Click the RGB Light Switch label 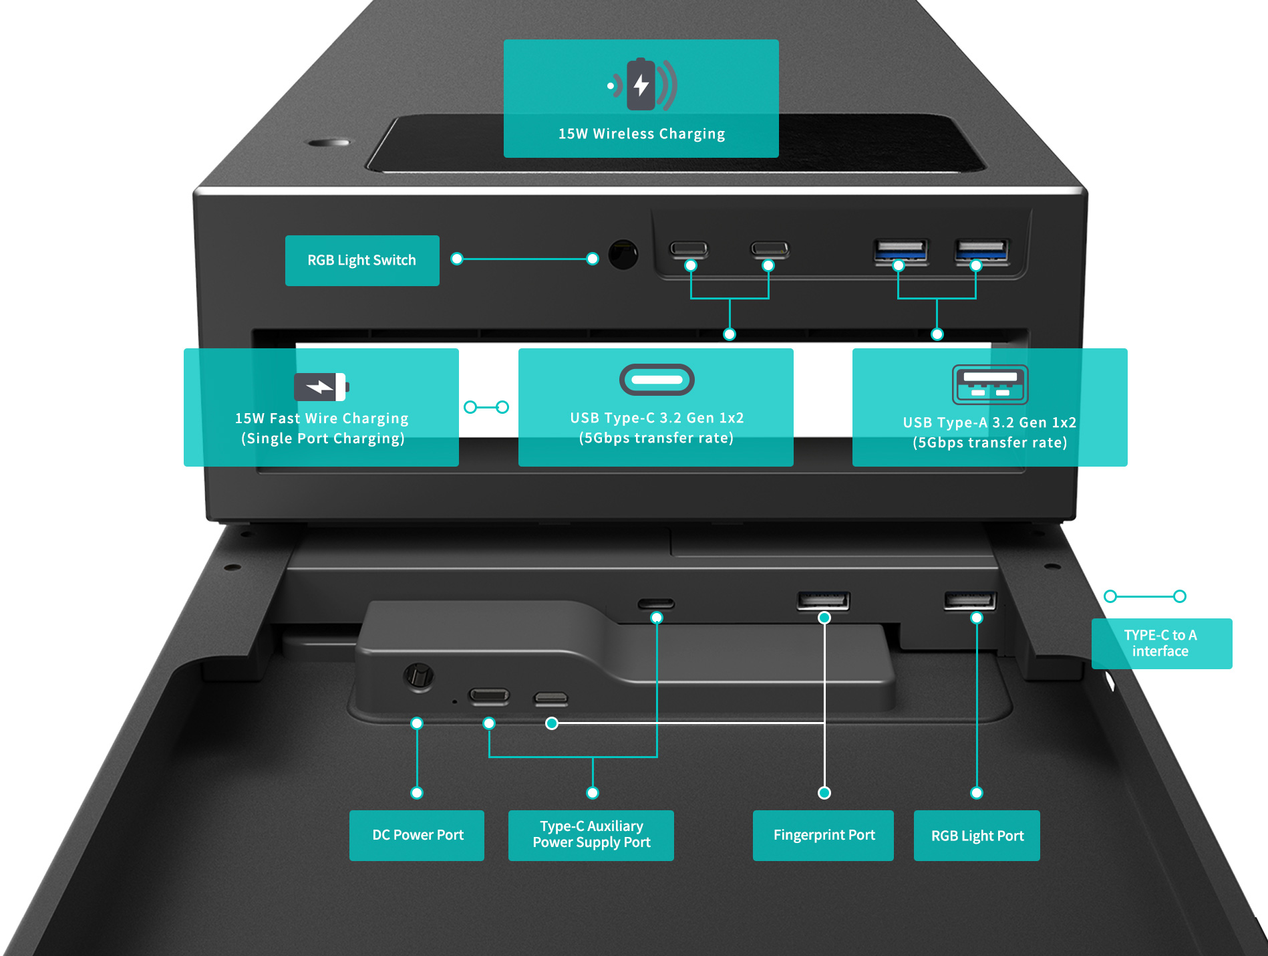[362, 261]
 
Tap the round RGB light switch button [623, 255]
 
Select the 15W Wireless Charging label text [642, 134]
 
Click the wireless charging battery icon [641, 84]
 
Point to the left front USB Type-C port [689, 249]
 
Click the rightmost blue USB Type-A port [981, 251]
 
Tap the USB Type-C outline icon [657, 380]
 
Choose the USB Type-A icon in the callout [990, 384]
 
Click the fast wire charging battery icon [321, 386]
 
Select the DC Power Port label [417, 836]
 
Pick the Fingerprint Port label [823, 836]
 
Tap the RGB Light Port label [977, 836]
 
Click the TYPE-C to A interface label [1162, 644]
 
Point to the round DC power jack [419, 677]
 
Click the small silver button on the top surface [329, 142]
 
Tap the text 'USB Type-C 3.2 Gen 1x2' [657, 418]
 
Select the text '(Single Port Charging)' [323, 439]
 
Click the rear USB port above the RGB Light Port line [970, 600]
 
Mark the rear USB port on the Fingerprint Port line [823, 600]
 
